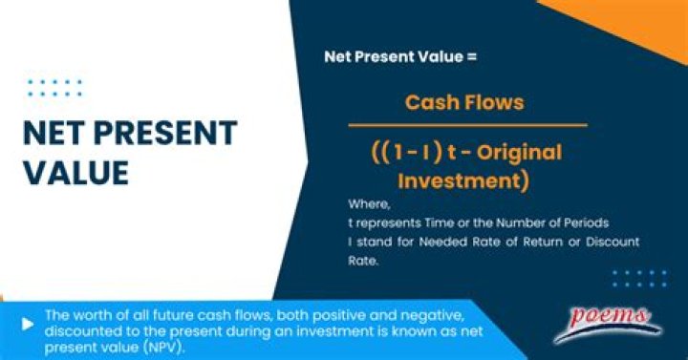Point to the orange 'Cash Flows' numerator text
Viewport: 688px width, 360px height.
pyautogui.click(x=464, y=102)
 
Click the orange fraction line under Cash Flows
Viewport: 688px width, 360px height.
pyautogui.click(x=466, y=125)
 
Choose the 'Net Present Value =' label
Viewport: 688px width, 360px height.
pyautogui.click(x=399, y=56)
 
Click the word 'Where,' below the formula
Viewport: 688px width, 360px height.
pyautogui.click(x=367, y=204)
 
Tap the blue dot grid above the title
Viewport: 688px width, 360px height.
pyautogui.click(x=55, y=88)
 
